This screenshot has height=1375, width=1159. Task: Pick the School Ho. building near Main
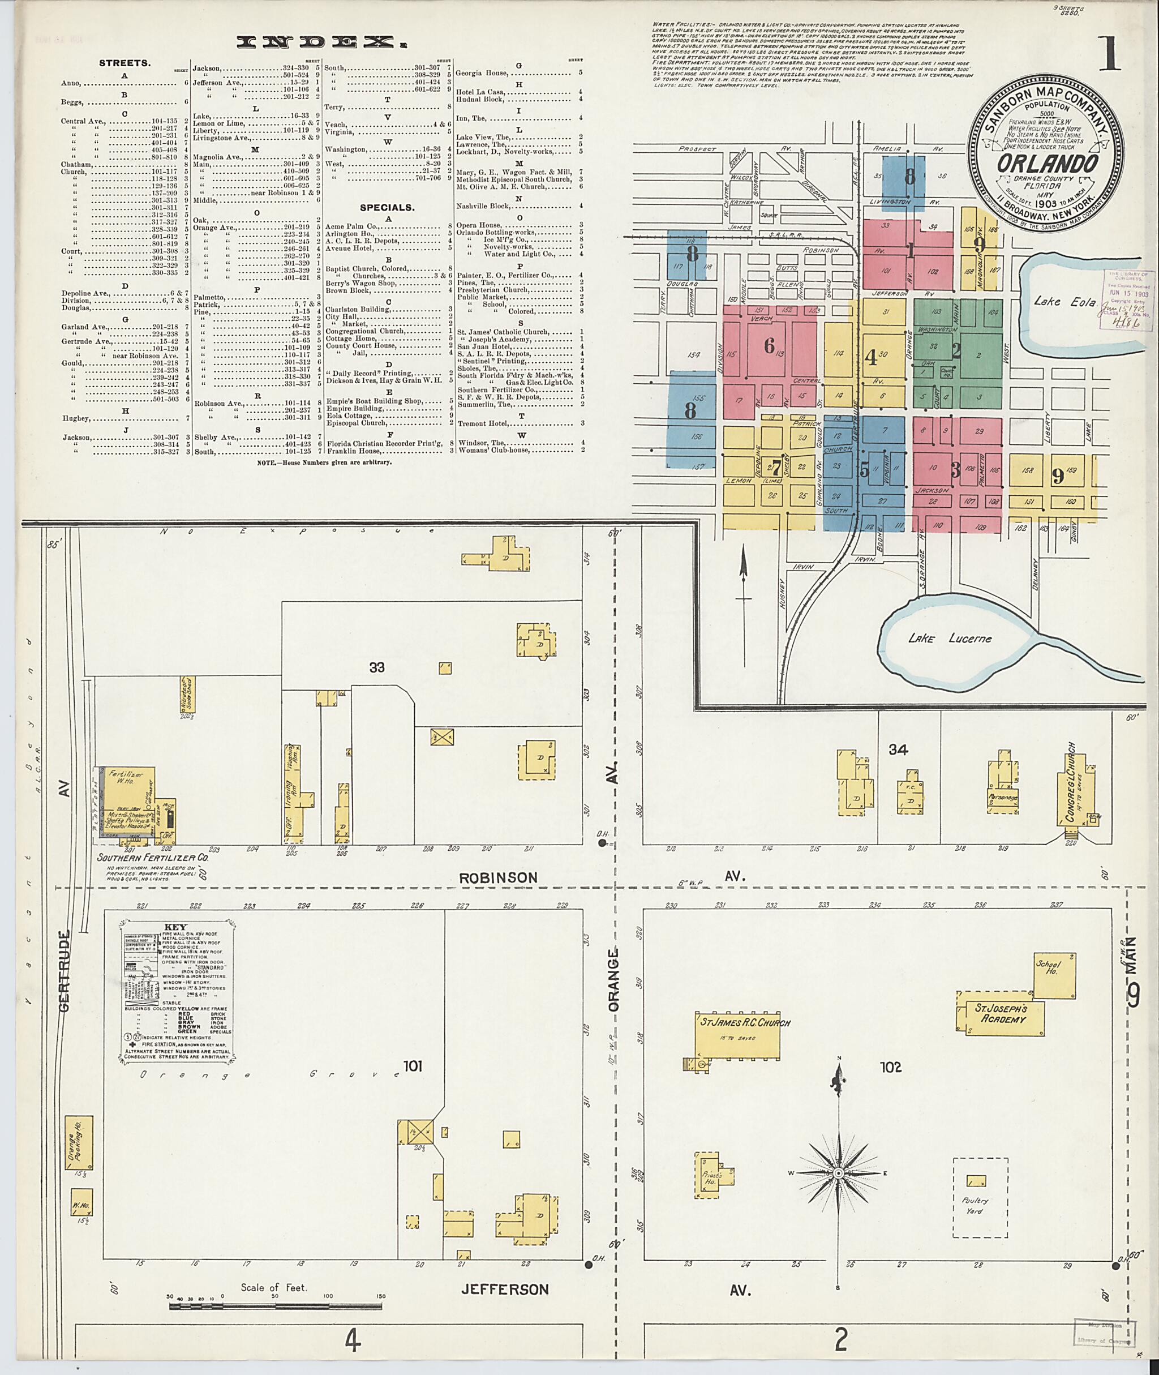tap(1054, 975)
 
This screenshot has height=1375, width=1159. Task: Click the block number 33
tap(376, 668)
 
